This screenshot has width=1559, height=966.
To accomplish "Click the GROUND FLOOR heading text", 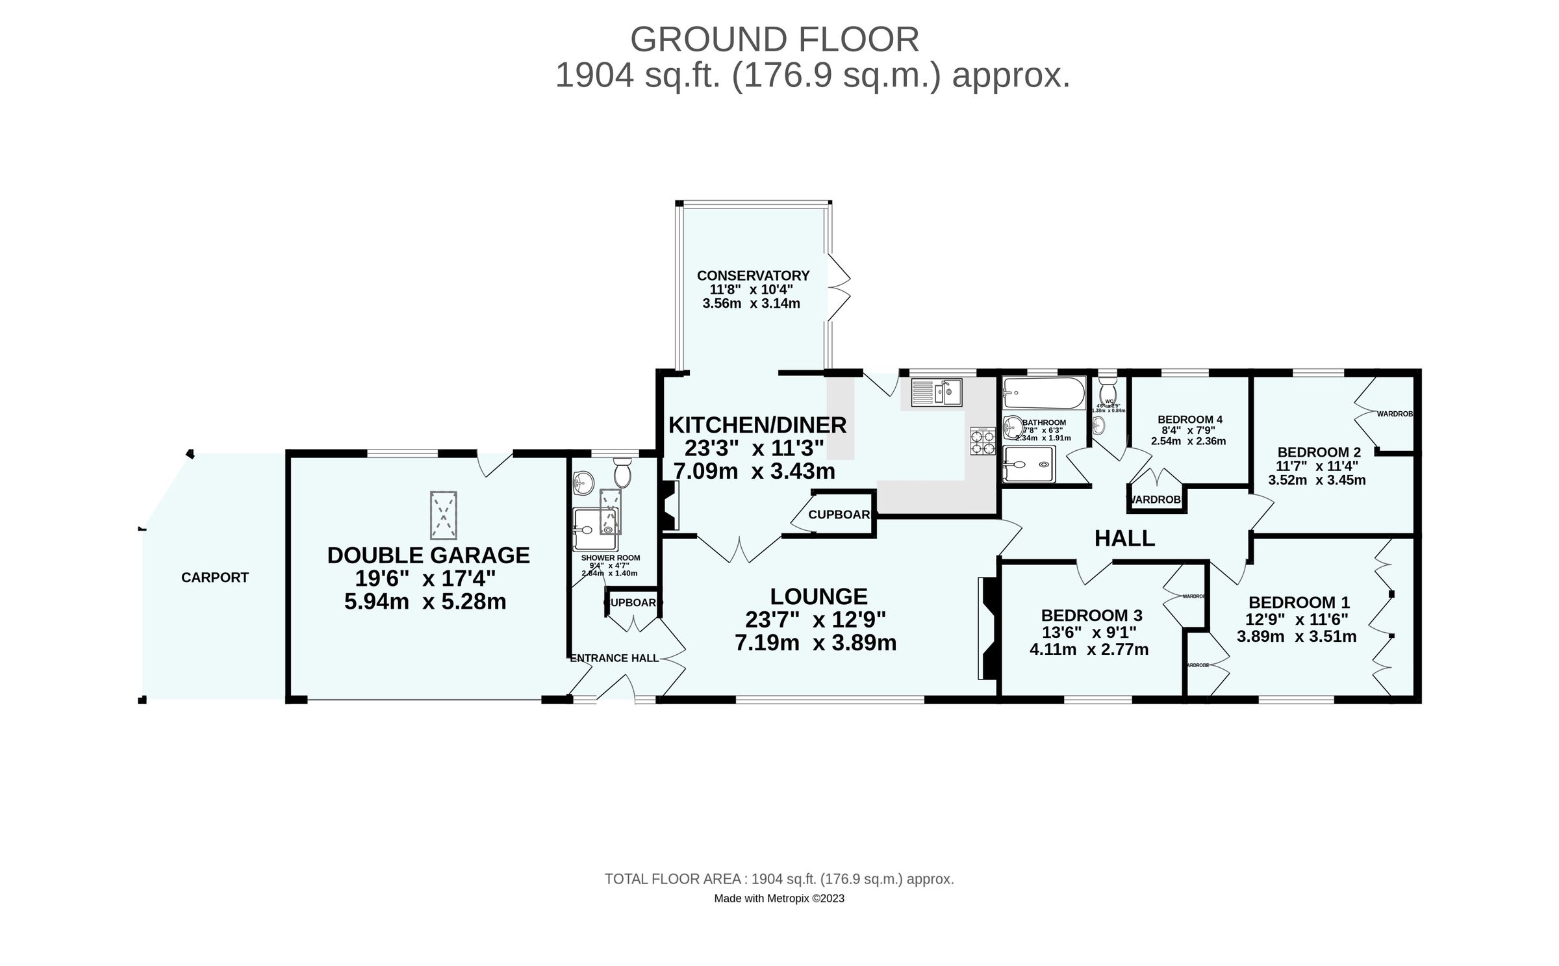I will [x=774, y=40].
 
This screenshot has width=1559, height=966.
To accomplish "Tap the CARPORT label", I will [x=214, y=578].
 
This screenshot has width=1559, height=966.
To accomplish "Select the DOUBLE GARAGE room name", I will [x=428, y=555].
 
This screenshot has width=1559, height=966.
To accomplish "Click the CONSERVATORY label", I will [x=753, y=275].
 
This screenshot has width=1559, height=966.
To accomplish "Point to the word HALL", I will [x=1124, y=539].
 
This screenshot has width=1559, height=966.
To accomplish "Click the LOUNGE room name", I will [x=818, y=596].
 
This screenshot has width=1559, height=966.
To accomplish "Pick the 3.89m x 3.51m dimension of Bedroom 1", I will [x=1296, y=637].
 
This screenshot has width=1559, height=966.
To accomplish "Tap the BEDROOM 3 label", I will [x=1091, y=615].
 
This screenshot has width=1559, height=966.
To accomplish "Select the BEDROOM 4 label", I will [x=1189, y=420].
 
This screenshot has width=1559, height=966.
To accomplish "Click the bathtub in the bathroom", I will [x=1043, y=393].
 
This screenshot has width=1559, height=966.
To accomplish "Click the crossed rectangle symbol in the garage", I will [x=443, y=515].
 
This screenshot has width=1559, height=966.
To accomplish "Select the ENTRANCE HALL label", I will [x=614, y=658].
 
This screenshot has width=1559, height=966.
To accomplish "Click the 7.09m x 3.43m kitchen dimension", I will [x=754, y=471].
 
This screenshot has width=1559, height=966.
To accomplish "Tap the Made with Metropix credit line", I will [x=779, y=898].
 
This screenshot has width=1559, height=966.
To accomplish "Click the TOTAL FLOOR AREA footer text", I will [x=779, y=879].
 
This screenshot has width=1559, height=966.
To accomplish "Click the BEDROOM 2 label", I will [x=1319, y=452].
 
